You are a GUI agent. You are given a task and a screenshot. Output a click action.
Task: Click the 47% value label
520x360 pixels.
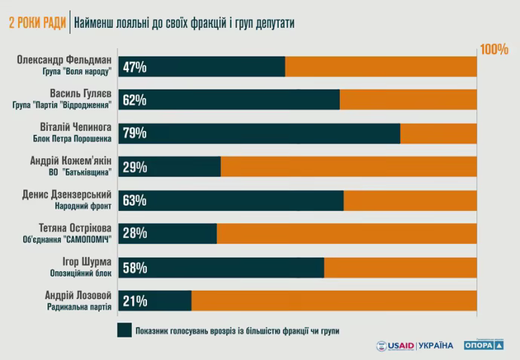pyautogui.click(x=134, y=67)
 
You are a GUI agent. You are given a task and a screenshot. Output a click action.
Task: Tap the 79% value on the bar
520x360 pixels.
pyautogui.click(x=134, y=134)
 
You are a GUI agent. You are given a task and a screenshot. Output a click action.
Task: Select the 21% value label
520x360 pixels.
pyautogui.click(x=134, y=301)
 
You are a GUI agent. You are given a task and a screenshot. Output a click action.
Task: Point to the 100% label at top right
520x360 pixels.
pyautogui.click(x=494, y=50)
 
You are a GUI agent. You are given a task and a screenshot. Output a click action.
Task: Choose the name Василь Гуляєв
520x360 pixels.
pyautogui.click(x=79, y=94)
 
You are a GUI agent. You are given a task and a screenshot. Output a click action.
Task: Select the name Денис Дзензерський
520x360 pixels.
pyautogui.click(x=68, y=194)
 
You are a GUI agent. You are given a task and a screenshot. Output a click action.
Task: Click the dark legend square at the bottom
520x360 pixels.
pyautogui.click(x=124, y=330)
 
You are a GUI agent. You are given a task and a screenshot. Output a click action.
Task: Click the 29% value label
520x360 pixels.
pyautogui.click(x=134, y=167)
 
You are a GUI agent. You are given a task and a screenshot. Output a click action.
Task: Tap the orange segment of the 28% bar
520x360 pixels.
pyautogui.click(x=347, y=233)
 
